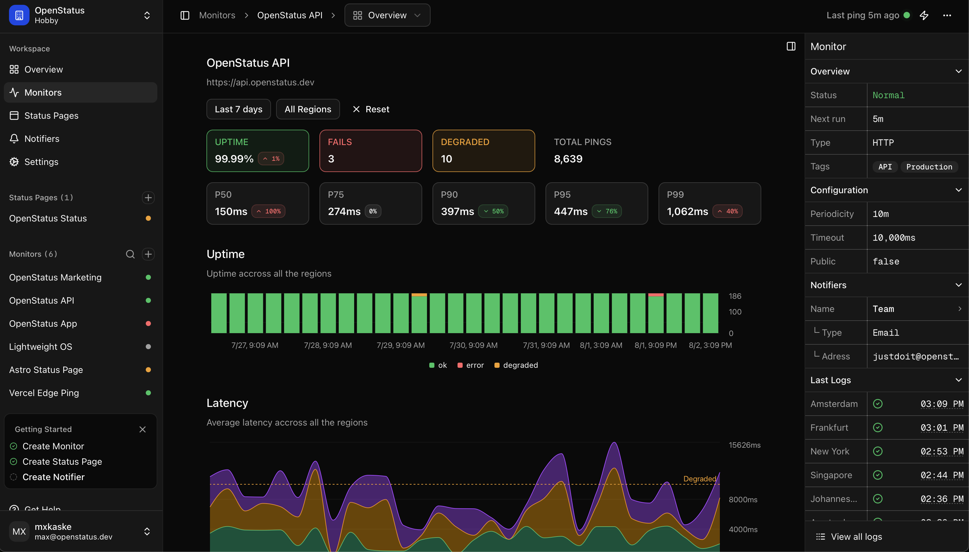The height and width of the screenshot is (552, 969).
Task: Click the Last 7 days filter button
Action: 238,109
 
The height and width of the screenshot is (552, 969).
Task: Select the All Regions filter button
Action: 308,109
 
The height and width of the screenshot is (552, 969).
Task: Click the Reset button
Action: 371,109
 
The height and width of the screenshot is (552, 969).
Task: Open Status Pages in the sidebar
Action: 51,116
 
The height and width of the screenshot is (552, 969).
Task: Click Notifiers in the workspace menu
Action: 42,139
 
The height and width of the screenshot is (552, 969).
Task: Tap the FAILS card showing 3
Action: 370,151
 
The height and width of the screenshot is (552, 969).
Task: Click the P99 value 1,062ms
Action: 687,211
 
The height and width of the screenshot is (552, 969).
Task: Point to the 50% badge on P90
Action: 493,211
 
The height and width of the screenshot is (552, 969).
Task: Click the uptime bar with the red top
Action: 655,313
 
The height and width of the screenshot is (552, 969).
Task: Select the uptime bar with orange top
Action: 419,313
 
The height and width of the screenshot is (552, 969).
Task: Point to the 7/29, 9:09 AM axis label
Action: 400,345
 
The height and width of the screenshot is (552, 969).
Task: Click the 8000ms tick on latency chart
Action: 743,500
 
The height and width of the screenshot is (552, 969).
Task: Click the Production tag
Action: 929,167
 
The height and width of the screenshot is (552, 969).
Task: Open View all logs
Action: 856,537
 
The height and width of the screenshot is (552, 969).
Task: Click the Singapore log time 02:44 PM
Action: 942,475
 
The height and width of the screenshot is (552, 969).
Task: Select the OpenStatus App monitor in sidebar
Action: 43,323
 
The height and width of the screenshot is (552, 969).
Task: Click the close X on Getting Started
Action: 142,429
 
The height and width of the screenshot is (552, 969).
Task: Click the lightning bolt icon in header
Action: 924,15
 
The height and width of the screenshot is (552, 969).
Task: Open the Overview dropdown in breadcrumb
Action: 387,15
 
